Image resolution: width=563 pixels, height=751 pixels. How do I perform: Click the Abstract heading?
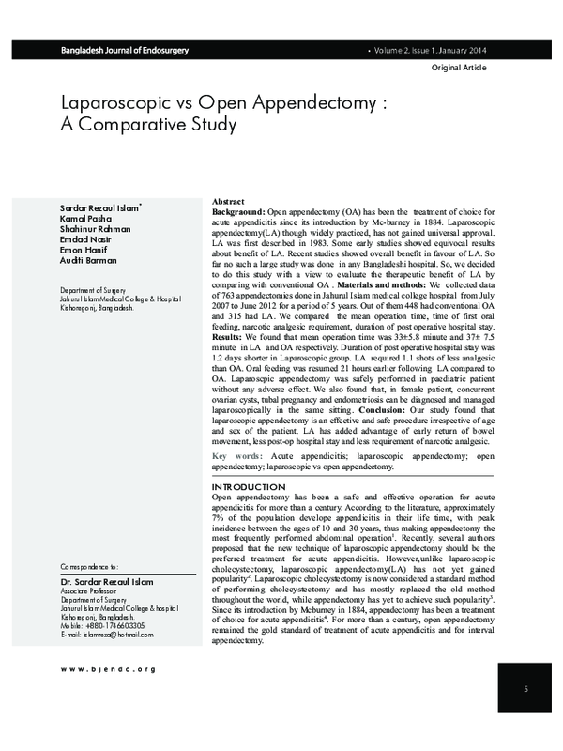230,202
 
